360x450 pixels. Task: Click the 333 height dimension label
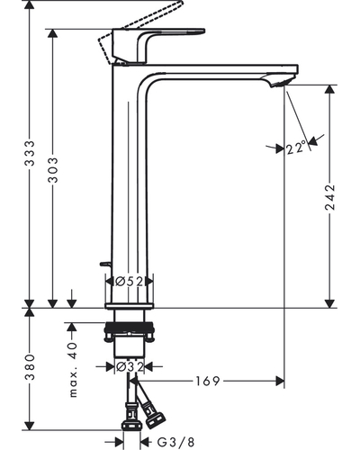[x=30, y=153]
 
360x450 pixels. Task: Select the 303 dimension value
[x=53, y=170]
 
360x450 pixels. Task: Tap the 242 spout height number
[x=330, y=197]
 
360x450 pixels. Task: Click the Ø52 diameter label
[x=130, y=281]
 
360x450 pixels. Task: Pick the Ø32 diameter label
[x=130, y=366]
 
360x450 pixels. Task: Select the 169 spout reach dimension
[x=208, y=381]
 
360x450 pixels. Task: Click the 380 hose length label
[x=30, y=367]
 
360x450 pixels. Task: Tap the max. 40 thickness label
[x=73, y=370]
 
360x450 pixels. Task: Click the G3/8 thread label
[x=176, y=442]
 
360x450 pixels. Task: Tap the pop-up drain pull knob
[x=105, y=264]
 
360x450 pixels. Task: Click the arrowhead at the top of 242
[x=330, y=89]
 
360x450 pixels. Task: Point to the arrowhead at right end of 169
[x=280, y=381]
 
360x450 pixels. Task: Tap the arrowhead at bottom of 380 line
[x=30, y=426]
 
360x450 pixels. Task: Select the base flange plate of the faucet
[x=129, y=306]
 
